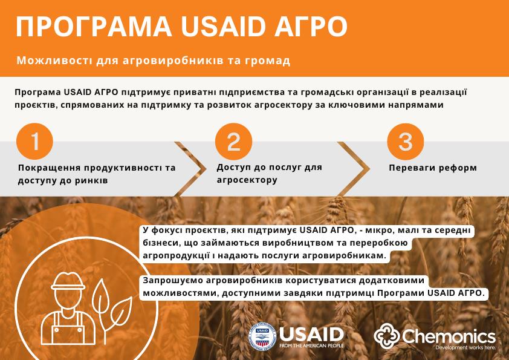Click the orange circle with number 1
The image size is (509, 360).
35,142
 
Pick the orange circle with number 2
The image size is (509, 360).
233,142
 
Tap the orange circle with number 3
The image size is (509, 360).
405,142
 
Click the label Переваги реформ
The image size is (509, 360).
433,168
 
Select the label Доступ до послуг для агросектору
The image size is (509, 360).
269,173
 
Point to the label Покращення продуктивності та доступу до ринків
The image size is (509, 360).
97,174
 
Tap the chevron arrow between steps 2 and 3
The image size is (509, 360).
357,169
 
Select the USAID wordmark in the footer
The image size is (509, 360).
312,333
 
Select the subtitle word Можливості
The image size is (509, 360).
46,61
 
